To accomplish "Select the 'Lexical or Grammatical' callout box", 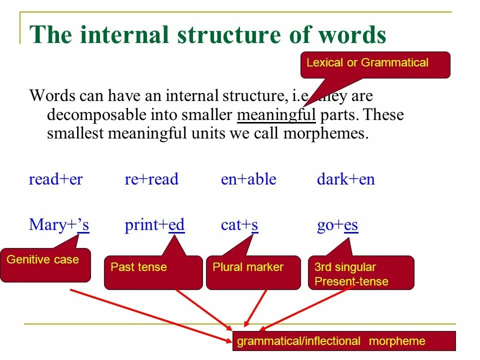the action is (x=375, y=64).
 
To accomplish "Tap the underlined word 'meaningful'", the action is (x=276, y=115).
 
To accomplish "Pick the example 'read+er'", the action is (x=55, y=179).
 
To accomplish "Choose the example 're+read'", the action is (x=151, y=179).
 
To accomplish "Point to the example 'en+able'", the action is (x=248, y=179).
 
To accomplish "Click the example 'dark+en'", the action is (x=345, y=179).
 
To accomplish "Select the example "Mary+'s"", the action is (x=59, y=225).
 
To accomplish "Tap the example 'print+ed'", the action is (x=154, y=225).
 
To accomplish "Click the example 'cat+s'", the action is (x=239, y=225).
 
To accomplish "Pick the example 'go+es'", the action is (x=337, y=225).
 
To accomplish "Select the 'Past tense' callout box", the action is (x=153, y=272).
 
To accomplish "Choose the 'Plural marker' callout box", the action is (x=253, y=272).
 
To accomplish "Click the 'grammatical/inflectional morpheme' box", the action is (x=344, y=341).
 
